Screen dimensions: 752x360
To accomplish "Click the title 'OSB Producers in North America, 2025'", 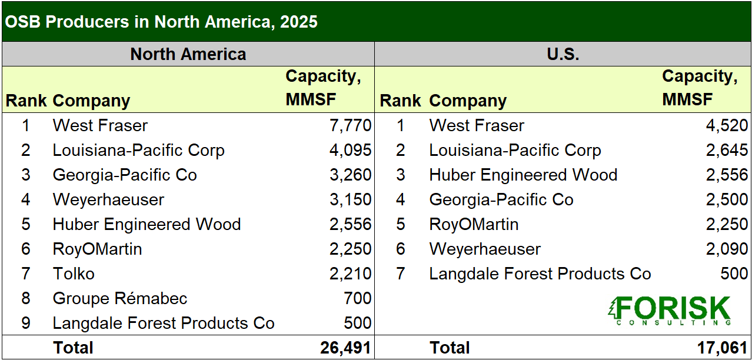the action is [161, 22].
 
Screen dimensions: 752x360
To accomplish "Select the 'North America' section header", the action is [188, 54].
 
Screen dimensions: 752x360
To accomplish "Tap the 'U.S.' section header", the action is [563, 54].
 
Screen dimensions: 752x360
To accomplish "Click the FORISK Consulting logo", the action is [670, 311].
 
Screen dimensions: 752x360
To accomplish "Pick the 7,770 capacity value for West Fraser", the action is [351, 125].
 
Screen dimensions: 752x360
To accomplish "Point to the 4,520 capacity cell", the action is [727, 125].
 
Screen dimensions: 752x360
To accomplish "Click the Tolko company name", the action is [74, 274].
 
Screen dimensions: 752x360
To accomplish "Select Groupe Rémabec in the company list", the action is [120, 298].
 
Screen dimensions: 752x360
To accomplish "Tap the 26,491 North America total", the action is [345, 348].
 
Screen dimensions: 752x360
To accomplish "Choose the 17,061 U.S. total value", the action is [722, 348].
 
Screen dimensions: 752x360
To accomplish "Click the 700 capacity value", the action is [358, 298].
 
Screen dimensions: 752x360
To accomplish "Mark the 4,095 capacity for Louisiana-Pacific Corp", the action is [351, 151].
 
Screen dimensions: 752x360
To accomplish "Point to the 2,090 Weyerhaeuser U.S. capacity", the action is [727, 249].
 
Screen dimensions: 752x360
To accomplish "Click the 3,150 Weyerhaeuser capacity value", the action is [351, 199].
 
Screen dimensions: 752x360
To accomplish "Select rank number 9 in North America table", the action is [26, 323].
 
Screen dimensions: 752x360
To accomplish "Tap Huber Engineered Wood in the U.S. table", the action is [523, 175].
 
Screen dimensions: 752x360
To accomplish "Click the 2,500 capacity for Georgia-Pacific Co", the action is [727, 199].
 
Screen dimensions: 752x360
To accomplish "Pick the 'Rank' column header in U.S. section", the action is [400, 101].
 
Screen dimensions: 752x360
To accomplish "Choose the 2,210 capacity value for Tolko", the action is [351, 274].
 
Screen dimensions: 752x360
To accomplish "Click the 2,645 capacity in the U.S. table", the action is [727, 151].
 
